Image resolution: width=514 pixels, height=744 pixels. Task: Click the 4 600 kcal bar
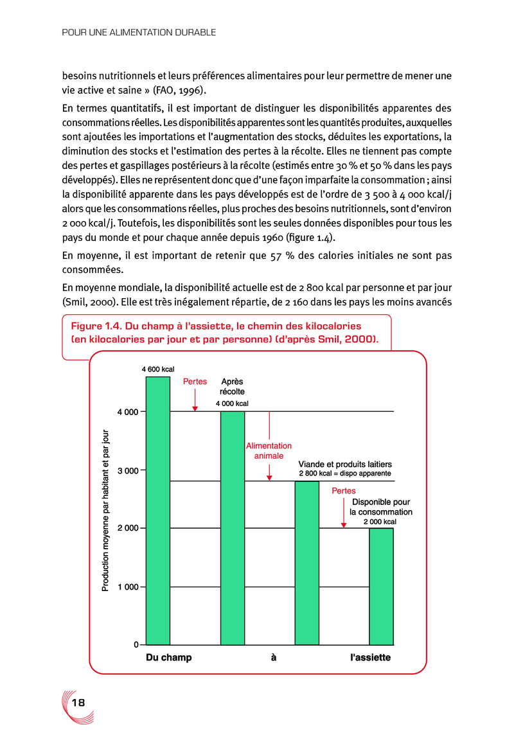pyautogui.click(x=158, y=511)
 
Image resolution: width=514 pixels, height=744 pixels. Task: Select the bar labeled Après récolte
pyautogui.click(x=233, y=527)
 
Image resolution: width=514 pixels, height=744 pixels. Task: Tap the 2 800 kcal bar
pyautogui.click(x=306, y=562)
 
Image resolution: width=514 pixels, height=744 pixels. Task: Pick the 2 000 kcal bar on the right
pyautogui.click(x=381, y=586)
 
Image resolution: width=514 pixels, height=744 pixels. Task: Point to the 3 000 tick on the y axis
pyautogui.click(x=127, y=470)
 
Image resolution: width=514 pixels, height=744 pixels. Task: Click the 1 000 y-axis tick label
pyautogui.click(x=127, y=587)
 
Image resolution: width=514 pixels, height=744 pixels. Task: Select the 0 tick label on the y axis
pyautogui.click(x=136, y=644)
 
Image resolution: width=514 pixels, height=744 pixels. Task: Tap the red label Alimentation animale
pyautogui.click(x=269, y=450)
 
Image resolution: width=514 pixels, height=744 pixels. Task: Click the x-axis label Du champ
pyautogui.click(x=169, y=658)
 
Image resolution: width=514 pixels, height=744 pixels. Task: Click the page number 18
pyautogui.click(x=78, y=702)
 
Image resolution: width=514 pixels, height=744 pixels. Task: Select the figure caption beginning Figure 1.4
pyautogui.click(x=224, y=332)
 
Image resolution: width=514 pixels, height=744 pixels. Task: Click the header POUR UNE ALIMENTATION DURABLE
pyautogui.click(x=139, y=31)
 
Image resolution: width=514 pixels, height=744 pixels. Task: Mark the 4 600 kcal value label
pyautogui.click(x=158, y=369)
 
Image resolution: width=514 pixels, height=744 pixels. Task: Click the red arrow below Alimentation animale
pyautogui.click(x=269, y=475)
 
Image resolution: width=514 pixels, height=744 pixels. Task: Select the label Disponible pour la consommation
pyautogui.click(x=381, y=507)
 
